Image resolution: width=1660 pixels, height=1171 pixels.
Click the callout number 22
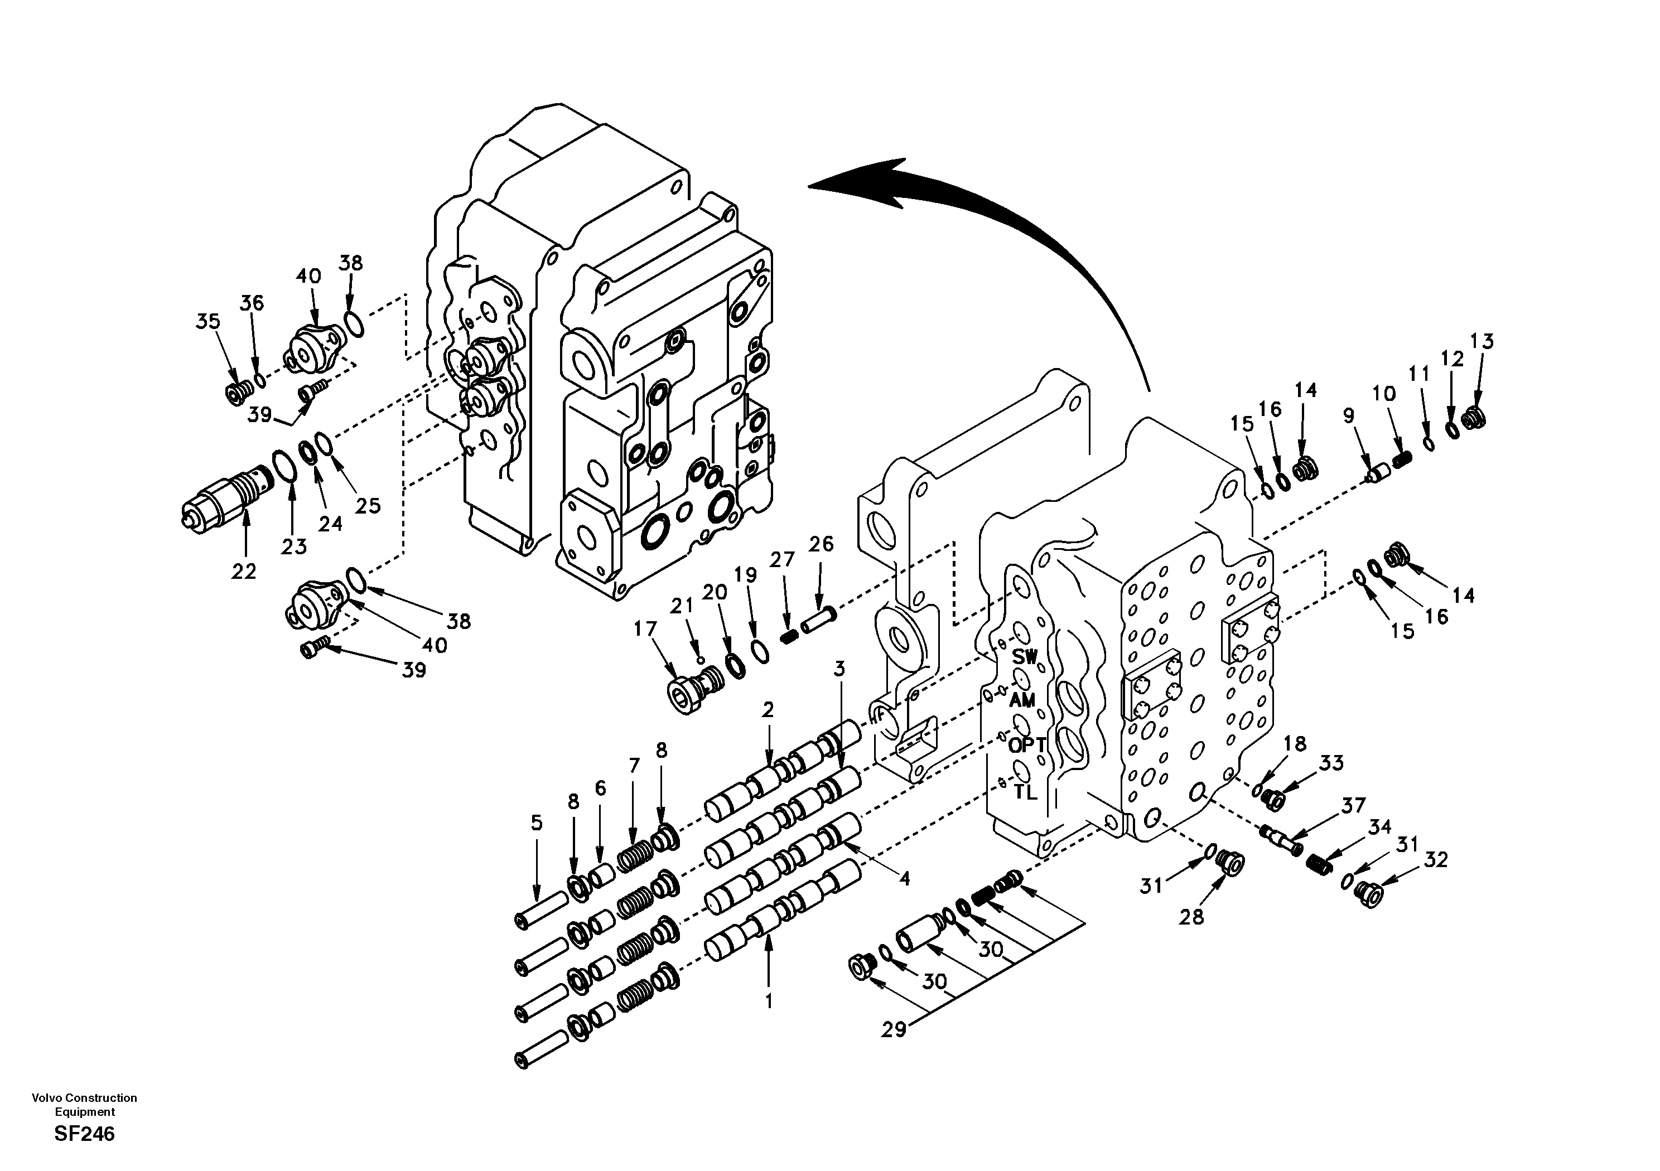(244, 571)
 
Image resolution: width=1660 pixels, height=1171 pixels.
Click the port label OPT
(1027, 745)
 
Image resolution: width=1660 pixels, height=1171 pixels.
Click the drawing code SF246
(84, 1134)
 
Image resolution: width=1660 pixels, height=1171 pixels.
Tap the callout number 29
(894, 1029)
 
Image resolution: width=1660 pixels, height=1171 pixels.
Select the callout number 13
(1482, 341)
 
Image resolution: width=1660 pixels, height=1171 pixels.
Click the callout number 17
(645, 629)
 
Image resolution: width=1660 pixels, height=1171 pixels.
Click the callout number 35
(208, 321)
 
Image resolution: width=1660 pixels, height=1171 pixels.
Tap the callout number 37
(1353, 805)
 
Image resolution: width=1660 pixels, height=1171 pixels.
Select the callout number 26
(821, 544)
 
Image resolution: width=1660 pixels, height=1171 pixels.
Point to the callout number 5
(535, 822)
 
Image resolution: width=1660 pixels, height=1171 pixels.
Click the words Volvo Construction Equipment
(84, 1105)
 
